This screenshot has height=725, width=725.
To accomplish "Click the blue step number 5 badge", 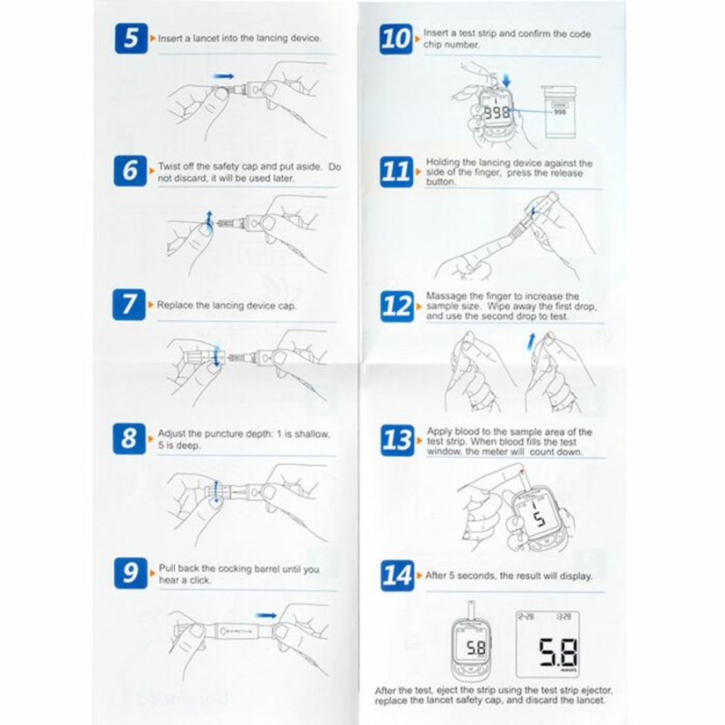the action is point(130,38).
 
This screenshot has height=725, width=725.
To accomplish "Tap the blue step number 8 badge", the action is point(129,439).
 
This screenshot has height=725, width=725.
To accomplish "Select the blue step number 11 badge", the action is point(396,171).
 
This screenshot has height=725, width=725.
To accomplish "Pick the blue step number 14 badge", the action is point(397,575).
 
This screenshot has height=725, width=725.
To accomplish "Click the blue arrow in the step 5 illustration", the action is point(223,76).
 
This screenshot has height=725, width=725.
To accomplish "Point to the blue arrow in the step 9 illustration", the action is point(266,615).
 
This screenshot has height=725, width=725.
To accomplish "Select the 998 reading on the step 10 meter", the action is point(497,112).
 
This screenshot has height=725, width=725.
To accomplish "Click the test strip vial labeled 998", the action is point(559,111).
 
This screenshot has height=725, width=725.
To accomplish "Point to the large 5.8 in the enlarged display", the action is point(557,652).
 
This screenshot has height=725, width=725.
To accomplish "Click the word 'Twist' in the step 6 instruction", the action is point(169,166).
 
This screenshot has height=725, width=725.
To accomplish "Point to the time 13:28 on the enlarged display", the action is point(564,617).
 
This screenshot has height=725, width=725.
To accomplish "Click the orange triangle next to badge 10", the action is point(418,39).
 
